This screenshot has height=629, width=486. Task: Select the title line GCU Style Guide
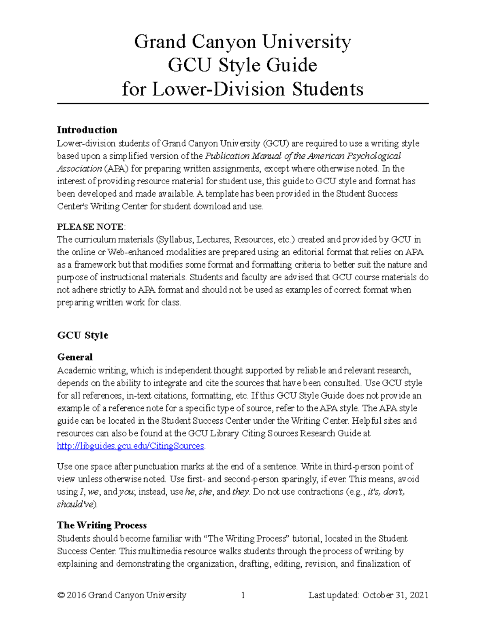click(242, 65)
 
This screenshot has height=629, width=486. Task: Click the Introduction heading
click(87, 130)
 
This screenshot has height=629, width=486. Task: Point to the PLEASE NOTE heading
click(90, 226)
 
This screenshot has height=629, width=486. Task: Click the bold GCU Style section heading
click(83, 335)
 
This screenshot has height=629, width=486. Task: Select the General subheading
click(75, 357)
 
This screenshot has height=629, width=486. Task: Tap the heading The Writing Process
click(102, 525)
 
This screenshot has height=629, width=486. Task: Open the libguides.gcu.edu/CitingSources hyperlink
click(130, 446)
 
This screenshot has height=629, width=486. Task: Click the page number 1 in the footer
click(243, 595)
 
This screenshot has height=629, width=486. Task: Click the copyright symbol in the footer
click(61, 595)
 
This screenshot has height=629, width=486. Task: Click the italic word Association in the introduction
click(79, 168)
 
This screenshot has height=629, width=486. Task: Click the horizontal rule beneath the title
click(243, 104)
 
